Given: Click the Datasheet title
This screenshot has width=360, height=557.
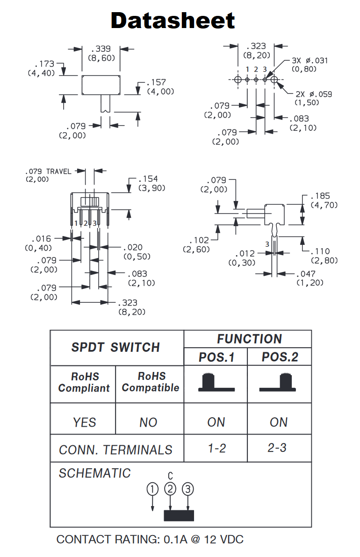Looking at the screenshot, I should tap(173, 21).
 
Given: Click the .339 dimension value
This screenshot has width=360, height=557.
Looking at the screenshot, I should tap(101, 49).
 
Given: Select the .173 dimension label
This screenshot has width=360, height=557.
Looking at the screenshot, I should tap(45, 64).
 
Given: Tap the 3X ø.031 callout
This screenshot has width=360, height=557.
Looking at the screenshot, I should tap(310, 60).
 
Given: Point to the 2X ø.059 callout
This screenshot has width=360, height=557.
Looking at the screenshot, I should tap(314, 94).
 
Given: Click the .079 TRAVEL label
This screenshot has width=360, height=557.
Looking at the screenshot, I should tap(48, 171).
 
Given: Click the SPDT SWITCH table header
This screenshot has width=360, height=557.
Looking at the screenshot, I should tap(115, 348).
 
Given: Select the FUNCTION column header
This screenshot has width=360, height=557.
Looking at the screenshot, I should tap(249, 339).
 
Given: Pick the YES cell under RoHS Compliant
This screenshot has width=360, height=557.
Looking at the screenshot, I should tap(85, 422).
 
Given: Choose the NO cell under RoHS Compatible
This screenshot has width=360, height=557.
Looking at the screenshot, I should tap(148, 422).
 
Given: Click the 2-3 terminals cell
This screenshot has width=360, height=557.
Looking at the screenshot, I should tap(277, 448).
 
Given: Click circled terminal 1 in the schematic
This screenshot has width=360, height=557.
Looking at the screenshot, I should tap(152, 489).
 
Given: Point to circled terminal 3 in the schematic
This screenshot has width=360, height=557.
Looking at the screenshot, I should tap(187, 489).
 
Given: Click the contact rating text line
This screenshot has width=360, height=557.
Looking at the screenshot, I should tap(150, 539).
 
